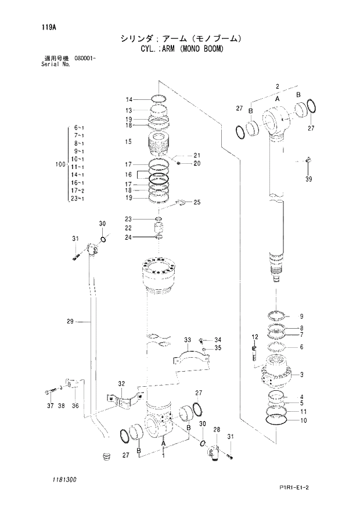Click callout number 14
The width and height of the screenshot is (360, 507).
[129, 99]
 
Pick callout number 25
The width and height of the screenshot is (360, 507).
[197, 202]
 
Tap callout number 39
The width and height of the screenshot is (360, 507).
[308, 179]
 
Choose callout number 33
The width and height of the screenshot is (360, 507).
[188, 339]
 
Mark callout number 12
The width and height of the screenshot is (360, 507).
[254, 337]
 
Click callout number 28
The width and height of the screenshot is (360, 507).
[218, 429]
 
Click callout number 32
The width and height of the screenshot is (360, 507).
[121, 383]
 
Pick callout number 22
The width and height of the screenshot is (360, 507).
[129, 228]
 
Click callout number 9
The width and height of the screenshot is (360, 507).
[301, 317]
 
